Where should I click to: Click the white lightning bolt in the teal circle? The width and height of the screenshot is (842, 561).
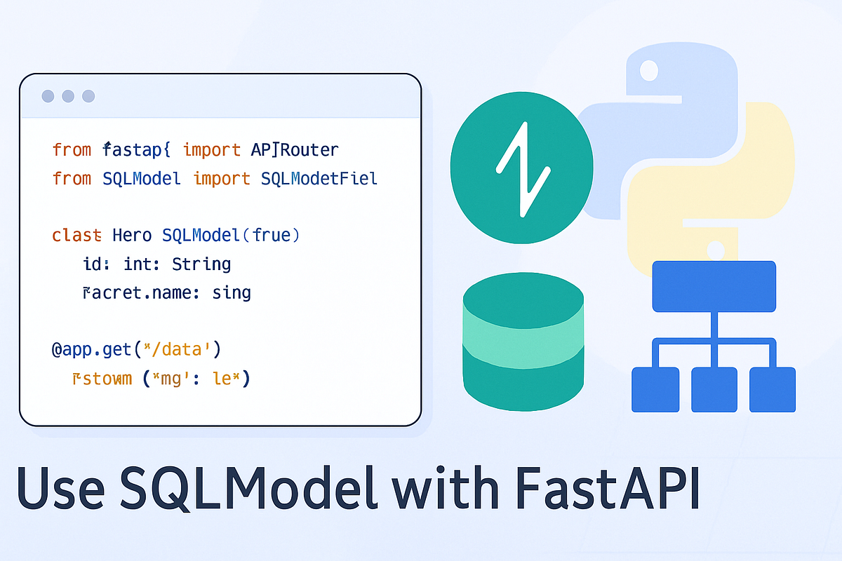[522, 169]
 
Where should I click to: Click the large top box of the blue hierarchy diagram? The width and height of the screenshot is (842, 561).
[714, 286]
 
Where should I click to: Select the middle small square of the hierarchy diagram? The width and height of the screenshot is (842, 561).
[714, 390]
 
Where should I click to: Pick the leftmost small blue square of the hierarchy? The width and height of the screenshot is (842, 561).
[656, 390]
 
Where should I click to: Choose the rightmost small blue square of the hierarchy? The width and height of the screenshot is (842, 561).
[773, 390]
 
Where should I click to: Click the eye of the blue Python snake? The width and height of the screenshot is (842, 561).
[649, 69]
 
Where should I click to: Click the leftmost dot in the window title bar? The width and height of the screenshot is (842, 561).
[48, 96]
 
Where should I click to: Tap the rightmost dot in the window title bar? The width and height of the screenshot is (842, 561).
[88, 96]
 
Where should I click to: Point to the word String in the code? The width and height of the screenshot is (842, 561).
[201, 264]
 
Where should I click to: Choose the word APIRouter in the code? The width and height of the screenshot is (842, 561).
[295, 149]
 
